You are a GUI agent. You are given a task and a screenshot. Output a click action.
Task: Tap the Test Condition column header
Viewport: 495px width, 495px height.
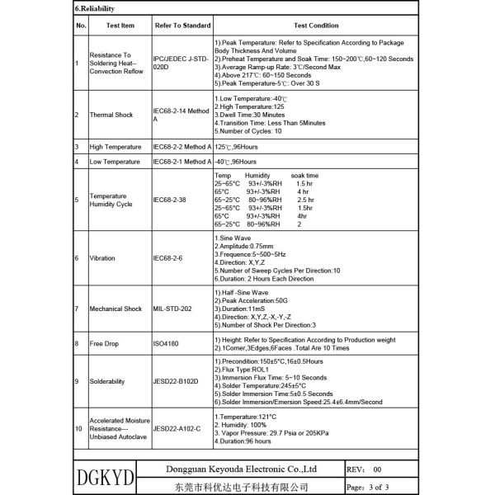click(316, 26)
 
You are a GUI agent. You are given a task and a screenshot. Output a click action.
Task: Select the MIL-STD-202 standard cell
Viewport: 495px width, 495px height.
click(172, 309)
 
